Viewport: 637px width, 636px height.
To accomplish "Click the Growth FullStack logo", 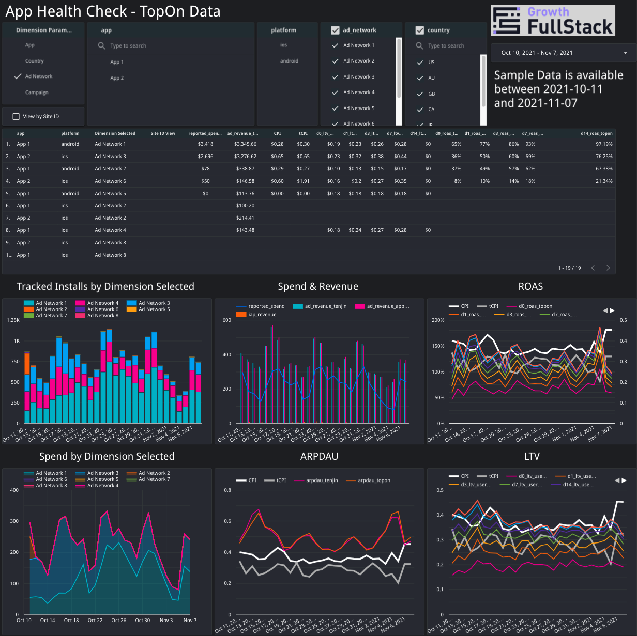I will click(x=553, y=20).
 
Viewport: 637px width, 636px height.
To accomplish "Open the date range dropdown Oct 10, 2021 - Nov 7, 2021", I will click(x=564, y=53).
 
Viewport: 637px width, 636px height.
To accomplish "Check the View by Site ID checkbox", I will click(x=16, y=117).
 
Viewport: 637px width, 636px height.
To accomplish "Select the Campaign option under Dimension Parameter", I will click(x=37, y=92).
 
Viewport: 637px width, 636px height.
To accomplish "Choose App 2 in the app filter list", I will click(x=117, y=78).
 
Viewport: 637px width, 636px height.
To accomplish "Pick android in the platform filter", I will click(x=289, y=61).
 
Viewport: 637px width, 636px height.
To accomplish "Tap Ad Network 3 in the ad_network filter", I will click(x=359, y=77).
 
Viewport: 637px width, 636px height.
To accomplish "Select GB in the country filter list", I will click(x=431, y=94).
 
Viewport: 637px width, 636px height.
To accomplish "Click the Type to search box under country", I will click(x=446, y=46).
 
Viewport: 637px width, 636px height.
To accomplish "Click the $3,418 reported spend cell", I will click(x=205, y=144).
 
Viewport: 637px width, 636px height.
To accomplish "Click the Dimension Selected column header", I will click(x=115, y=133).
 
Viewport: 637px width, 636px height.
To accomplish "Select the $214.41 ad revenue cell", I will click(x=245, y=218).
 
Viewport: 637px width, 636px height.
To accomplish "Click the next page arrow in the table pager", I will click(x=608, y=268).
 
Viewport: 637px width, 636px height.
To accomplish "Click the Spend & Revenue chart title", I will click(x=318, y=287).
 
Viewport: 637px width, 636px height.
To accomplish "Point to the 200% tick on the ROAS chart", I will click(x=437, y=320).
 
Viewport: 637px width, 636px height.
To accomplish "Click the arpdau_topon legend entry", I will click(x=374, y=480).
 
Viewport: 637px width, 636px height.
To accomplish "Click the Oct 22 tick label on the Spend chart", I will click(x=95, y=620).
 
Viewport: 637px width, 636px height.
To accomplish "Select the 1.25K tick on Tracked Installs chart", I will click(x=13, y=320).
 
